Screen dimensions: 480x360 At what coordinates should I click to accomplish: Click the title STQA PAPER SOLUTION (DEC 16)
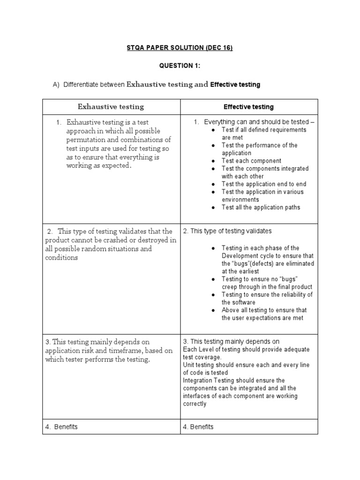point(180,48)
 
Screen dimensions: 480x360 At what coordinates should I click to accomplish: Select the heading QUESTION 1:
point(180,66)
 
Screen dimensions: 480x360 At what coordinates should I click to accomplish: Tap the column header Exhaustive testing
point(111,107)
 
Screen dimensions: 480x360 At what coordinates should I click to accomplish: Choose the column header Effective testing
point(248,107)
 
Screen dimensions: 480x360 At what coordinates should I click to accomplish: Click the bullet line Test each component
point(251,161)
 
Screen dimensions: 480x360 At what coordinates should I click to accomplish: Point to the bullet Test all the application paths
point(261,207)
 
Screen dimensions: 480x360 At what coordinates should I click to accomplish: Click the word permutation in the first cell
point(86,140)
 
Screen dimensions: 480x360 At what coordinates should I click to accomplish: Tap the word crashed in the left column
point(112,240)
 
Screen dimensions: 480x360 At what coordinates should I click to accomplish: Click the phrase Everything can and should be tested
point(257,122)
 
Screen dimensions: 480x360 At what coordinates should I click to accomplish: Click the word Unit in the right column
point(189,365)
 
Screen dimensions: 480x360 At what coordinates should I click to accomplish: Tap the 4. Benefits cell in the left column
point(62,427)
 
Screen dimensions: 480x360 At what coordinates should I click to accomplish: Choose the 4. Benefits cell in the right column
point(198,427)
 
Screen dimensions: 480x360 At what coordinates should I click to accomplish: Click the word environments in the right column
point(240,199)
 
